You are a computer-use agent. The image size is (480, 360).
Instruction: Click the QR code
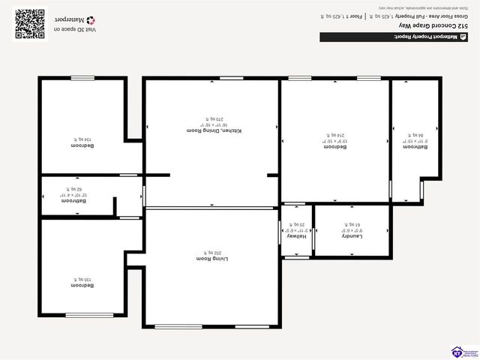coord(30,22)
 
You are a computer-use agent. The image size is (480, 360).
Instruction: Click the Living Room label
coord(211,257)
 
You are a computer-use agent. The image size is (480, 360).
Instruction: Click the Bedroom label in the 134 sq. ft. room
coord(82,145)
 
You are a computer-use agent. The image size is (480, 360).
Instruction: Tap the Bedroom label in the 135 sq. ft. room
coord(82,286)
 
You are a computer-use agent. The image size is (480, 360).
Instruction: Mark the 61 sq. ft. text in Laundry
coord(352,224)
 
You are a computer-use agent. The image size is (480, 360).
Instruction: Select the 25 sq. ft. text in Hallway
coord(297,224)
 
